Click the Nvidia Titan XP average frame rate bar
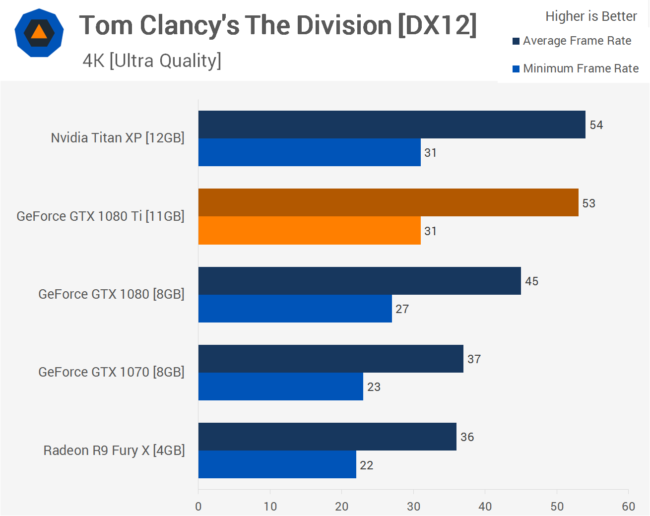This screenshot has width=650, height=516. tap(391, 125)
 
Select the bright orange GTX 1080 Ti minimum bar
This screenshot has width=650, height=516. tap(309, 231)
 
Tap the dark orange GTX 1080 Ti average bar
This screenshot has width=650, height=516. tap(388, 202)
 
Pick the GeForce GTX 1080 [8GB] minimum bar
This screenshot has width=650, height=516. tap(295, 309)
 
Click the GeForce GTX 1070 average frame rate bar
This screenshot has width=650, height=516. tap(330, 359)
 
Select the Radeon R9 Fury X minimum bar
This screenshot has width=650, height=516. tap(277, 464)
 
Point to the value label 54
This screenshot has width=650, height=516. tap(596, 125)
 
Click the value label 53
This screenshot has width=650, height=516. tap(588, 203)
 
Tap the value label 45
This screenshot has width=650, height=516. tap(531, 281)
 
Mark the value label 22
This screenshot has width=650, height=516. tap(366, 465)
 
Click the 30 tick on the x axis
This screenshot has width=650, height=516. tap(413, 507)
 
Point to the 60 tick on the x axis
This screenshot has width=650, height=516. tap(628, 507)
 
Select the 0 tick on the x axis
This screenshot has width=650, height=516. tap(198, 507)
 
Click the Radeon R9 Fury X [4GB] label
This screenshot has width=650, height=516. tap(114, 451)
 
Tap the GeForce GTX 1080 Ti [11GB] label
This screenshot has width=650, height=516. tap(100, 216)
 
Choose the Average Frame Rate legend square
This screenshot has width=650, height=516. tap(516, 41)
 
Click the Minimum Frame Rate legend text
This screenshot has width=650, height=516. tap(581, 68)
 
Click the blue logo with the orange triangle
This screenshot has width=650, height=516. tap(39, 33)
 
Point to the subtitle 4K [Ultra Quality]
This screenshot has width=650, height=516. tap(152, 61)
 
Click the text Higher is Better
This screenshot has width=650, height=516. tap(590, 16)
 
